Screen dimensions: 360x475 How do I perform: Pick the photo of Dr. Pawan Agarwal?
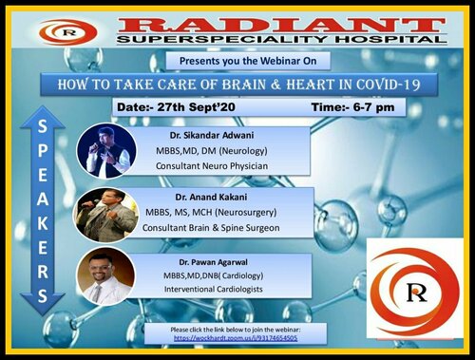106,276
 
